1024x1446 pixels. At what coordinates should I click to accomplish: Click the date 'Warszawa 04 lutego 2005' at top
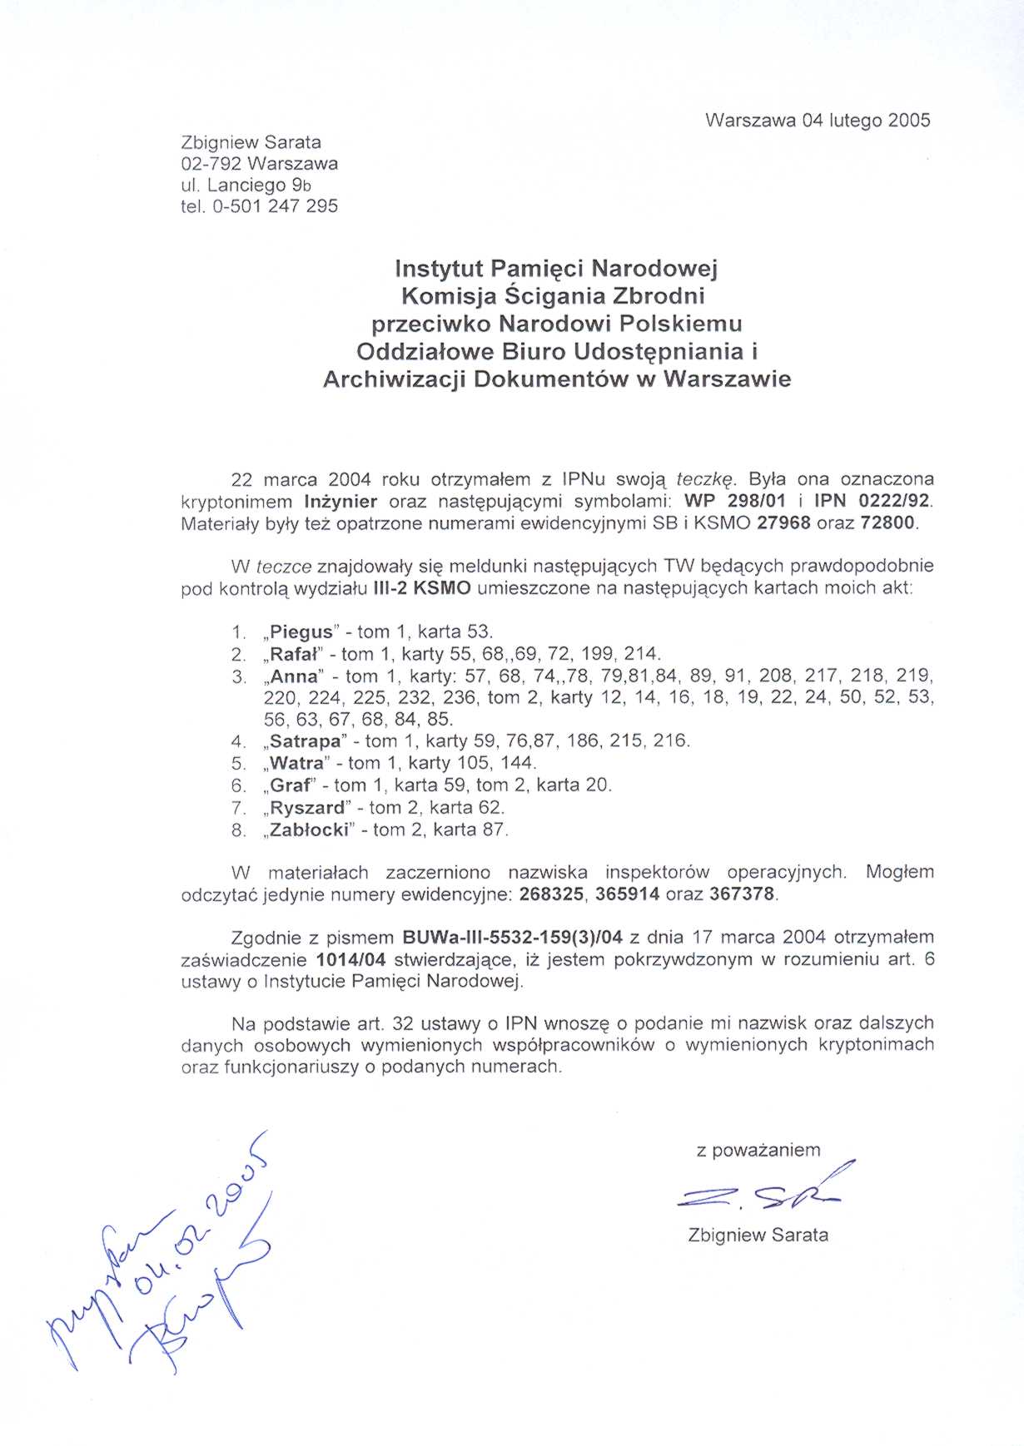[817, 120]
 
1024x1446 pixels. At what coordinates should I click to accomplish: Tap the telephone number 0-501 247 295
[276, 206]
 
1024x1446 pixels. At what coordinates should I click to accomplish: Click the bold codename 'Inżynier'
[341, 502]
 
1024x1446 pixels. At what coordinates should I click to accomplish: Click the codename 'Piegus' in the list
[302, 631]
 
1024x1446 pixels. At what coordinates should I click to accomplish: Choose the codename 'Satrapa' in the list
[306, 740]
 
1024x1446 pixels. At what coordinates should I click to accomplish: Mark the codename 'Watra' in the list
[297, 763]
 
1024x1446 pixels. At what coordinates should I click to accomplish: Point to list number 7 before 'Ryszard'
[238, 808]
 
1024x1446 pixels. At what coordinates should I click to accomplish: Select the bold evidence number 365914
[627, 894]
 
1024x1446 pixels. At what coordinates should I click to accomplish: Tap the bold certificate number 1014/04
[351, 959]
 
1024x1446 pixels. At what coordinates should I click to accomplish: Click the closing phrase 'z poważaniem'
[758, 1150]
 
